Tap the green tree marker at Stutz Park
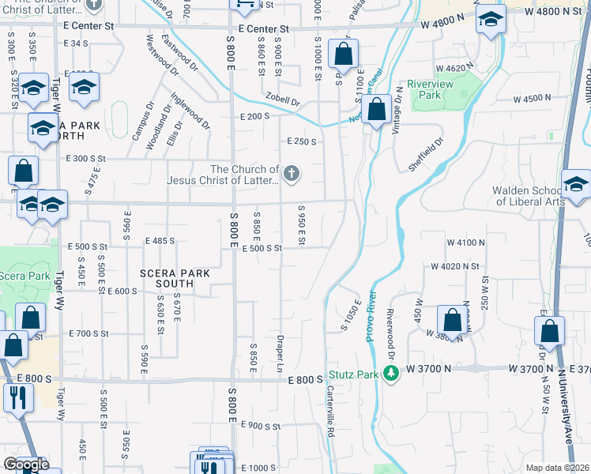389,373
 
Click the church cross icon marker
292,174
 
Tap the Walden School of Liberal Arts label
529,195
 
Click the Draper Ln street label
280,353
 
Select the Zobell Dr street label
283,101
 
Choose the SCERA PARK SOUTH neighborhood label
175,278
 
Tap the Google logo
26,465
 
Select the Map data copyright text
558,468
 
